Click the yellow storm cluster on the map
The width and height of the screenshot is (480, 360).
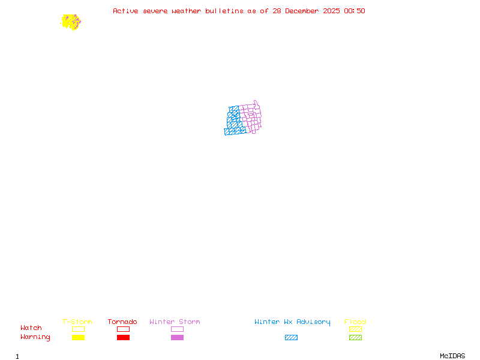tap(71, 22)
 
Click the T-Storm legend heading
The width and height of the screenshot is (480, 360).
tap(77, 322)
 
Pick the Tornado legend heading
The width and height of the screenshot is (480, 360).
tap(122, 322)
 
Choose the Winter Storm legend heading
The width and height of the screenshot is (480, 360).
tap(175, 322)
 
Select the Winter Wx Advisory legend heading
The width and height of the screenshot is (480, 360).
tap(292, 322)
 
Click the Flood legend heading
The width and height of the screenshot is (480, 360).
tap(355, 322)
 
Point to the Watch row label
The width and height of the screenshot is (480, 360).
tap(31, 328)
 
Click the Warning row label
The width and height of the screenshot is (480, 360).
tap(35, 337)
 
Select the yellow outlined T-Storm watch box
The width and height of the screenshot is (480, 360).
tap(78, 329)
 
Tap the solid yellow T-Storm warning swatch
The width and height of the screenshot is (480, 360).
tap(78, 338)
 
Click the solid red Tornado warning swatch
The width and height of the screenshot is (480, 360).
tap(123, 338)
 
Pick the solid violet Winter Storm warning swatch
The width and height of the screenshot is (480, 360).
tap(177, 338)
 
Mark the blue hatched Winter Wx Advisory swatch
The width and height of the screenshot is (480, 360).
tap(291, 338)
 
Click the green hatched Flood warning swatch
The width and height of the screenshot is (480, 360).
tap(355, 338)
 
